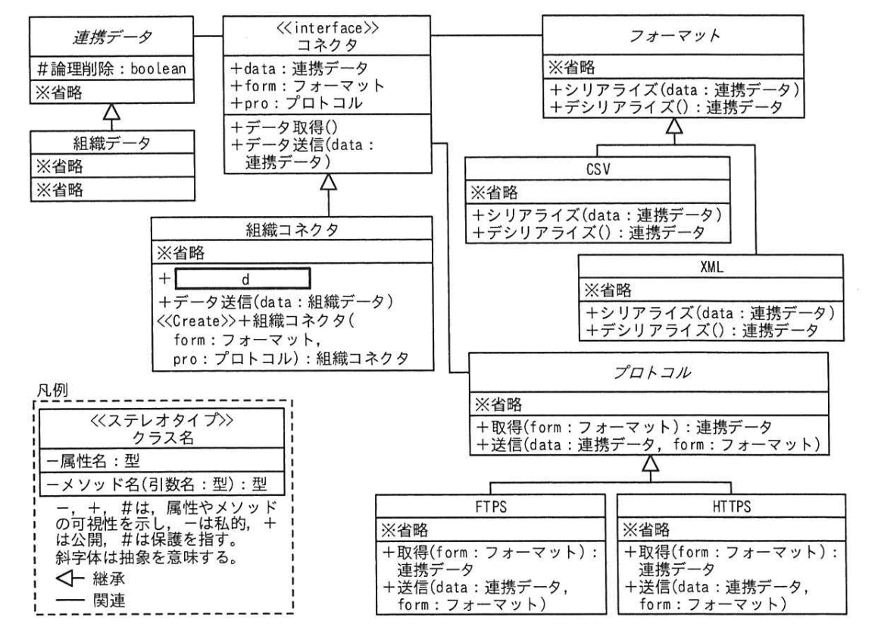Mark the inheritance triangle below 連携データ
113,112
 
